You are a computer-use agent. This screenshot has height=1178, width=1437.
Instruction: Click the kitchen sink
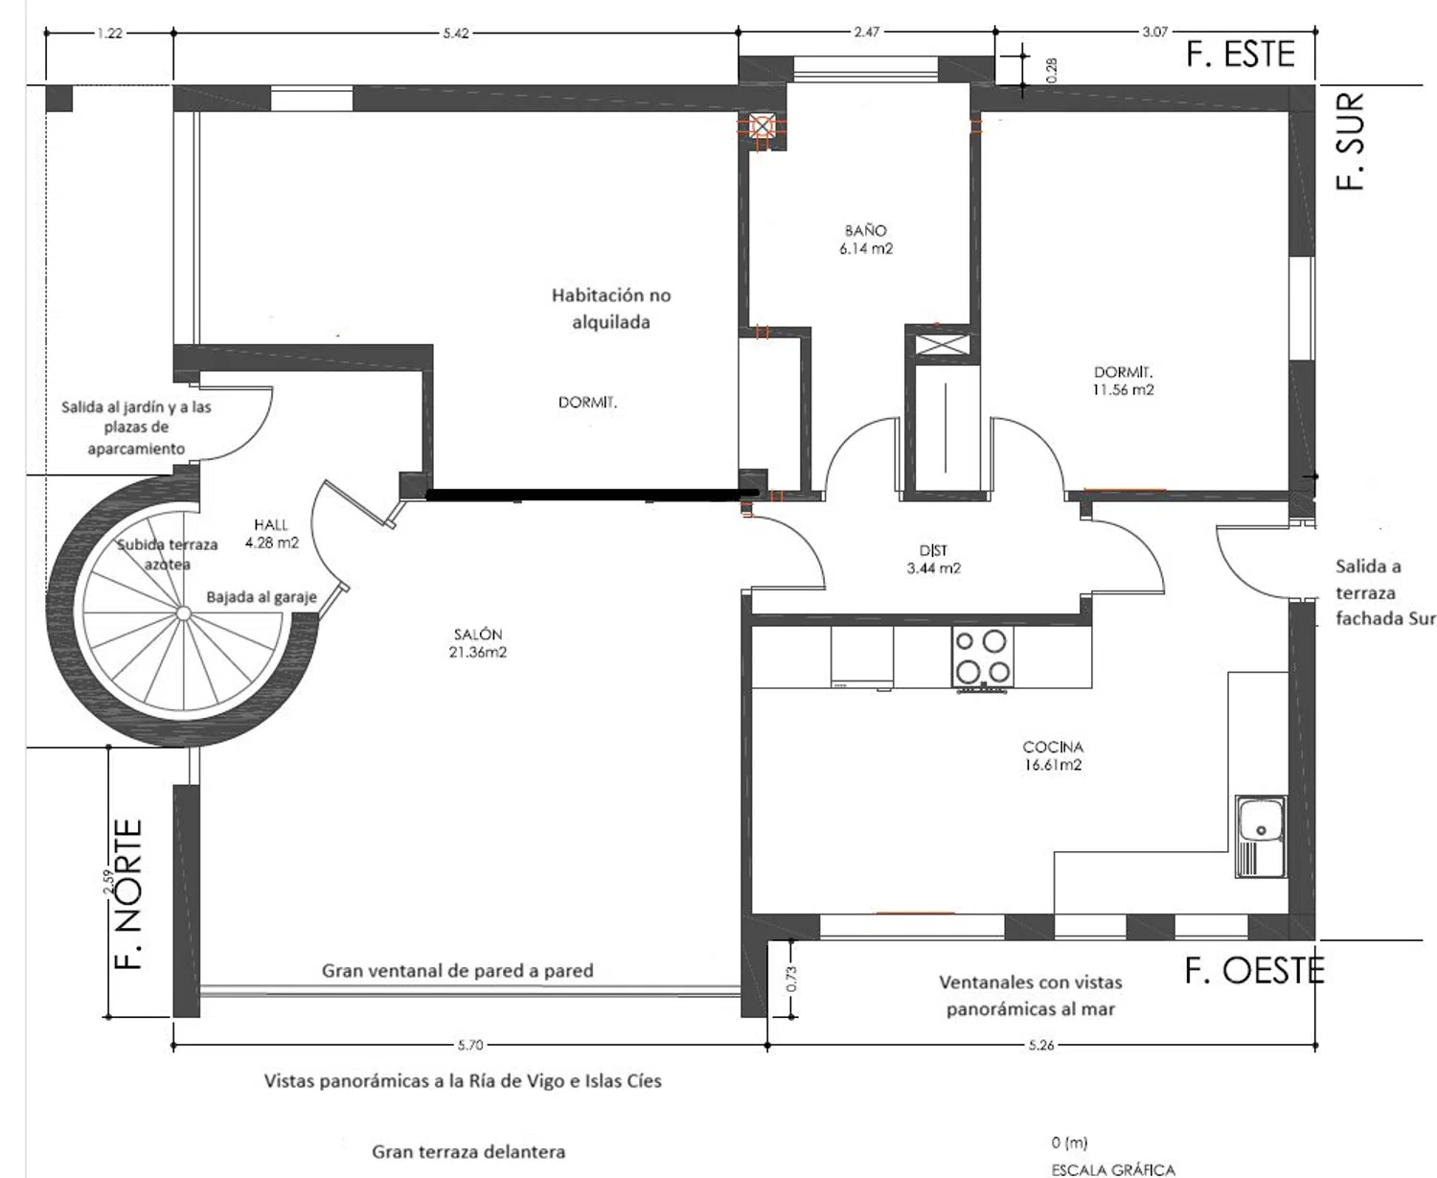point(1261,837)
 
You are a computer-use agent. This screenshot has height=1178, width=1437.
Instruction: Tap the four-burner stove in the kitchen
point(983,658)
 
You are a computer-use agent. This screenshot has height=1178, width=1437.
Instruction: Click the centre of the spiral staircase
point(183,613)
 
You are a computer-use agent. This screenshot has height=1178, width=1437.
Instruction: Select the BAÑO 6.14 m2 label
point(866,240)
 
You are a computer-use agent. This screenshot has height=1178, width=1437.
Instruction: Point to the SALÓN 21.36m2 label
point(478,643)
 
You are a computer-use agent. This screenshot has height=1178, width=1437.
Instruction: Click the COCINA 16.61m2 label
point(1053,756)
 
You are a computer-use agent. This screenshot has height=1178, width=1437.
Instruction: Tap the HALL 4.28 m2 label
point(271,534)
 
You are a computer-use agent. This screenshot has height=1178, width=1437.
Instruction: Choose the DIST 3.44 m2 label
point(933,559)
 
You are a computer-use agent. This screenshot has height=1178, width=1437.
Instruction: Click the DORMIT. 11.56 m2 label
point(1123,381)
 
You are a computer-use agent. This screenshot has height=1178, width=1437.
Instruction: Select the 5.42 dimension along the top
point(456,34)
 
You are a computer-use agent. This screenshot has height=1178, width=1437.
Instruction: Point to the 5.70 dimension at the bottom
point(470,1045)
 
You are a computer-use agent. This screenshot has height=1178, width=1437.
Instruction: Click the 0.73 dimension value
point(791,979)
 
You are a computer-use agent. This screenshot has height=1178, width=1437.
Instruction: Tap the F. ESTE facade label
point(1240,55)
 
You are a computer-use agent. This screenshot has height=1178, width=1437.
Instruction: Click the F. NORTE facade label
point(129,893)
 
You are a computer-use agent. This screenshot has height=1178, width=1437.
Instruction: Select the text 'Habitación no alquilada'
point(611,308)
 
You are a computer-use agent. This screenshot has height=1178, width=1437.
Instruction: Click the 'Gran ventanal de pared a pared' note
point(457,970)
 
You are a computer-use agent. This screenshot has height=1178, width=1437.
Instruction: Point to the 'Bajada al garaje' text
point(262,597)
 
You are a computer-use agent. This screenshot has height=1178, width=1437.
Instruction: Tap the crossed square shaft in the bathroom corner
point(763,127)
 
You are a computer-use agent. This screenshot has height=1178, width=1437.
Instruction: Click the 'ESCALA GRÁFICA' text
point(1113,1169)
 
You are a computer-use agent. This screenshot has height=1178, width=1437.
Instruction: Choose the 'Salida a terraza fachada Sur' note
point(1385,592)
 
